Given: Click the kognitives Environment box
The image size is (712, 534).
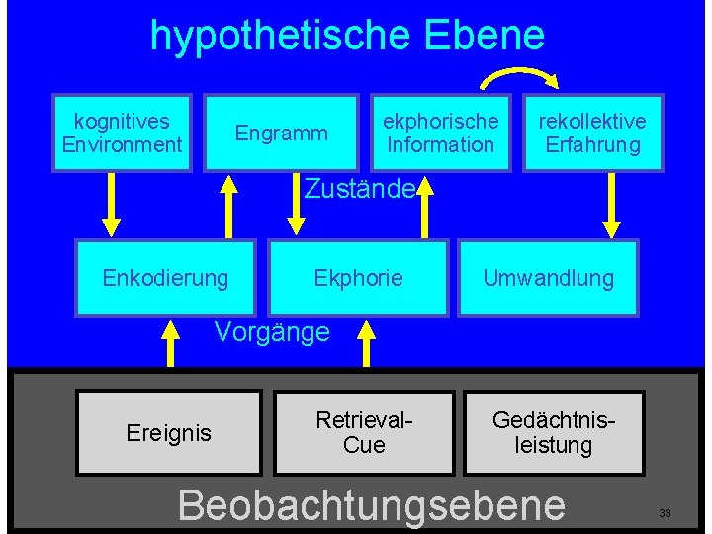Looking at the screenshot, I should point(122,133).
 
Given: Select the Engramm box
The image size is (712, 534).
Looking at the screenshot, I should point(281,133).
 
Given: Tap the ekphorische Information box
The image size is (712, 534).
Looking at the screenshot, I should point(440,133).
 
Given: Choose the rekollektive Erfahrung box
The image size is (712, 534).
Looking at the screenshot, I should point(591,133).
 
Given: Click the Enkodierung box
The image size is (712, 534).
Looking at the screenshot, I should point(165,278).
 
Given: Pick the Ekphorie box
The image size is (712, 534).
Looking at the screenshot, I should point(358,278).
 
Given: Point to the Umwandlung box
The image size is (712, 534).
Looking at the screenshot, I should point(548,278).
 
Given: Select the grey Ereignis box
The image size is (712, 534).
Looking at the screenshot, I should point(169,432).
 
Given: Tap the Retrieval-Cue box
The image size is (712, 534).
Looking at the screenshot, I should point(364,432).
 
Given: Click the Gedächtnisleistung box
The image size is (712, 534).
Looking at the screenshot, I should point(554,432).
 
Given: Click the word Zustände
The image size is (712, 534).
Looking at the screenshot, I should point(358,187).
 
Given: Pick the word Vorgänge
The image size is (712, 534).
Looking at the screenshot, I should point(272,331).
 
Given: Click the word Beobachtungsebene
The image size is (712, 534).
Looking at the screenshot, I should point(371,504).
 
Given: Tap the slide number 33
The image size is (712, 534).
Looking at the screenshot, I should point(665,513).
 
